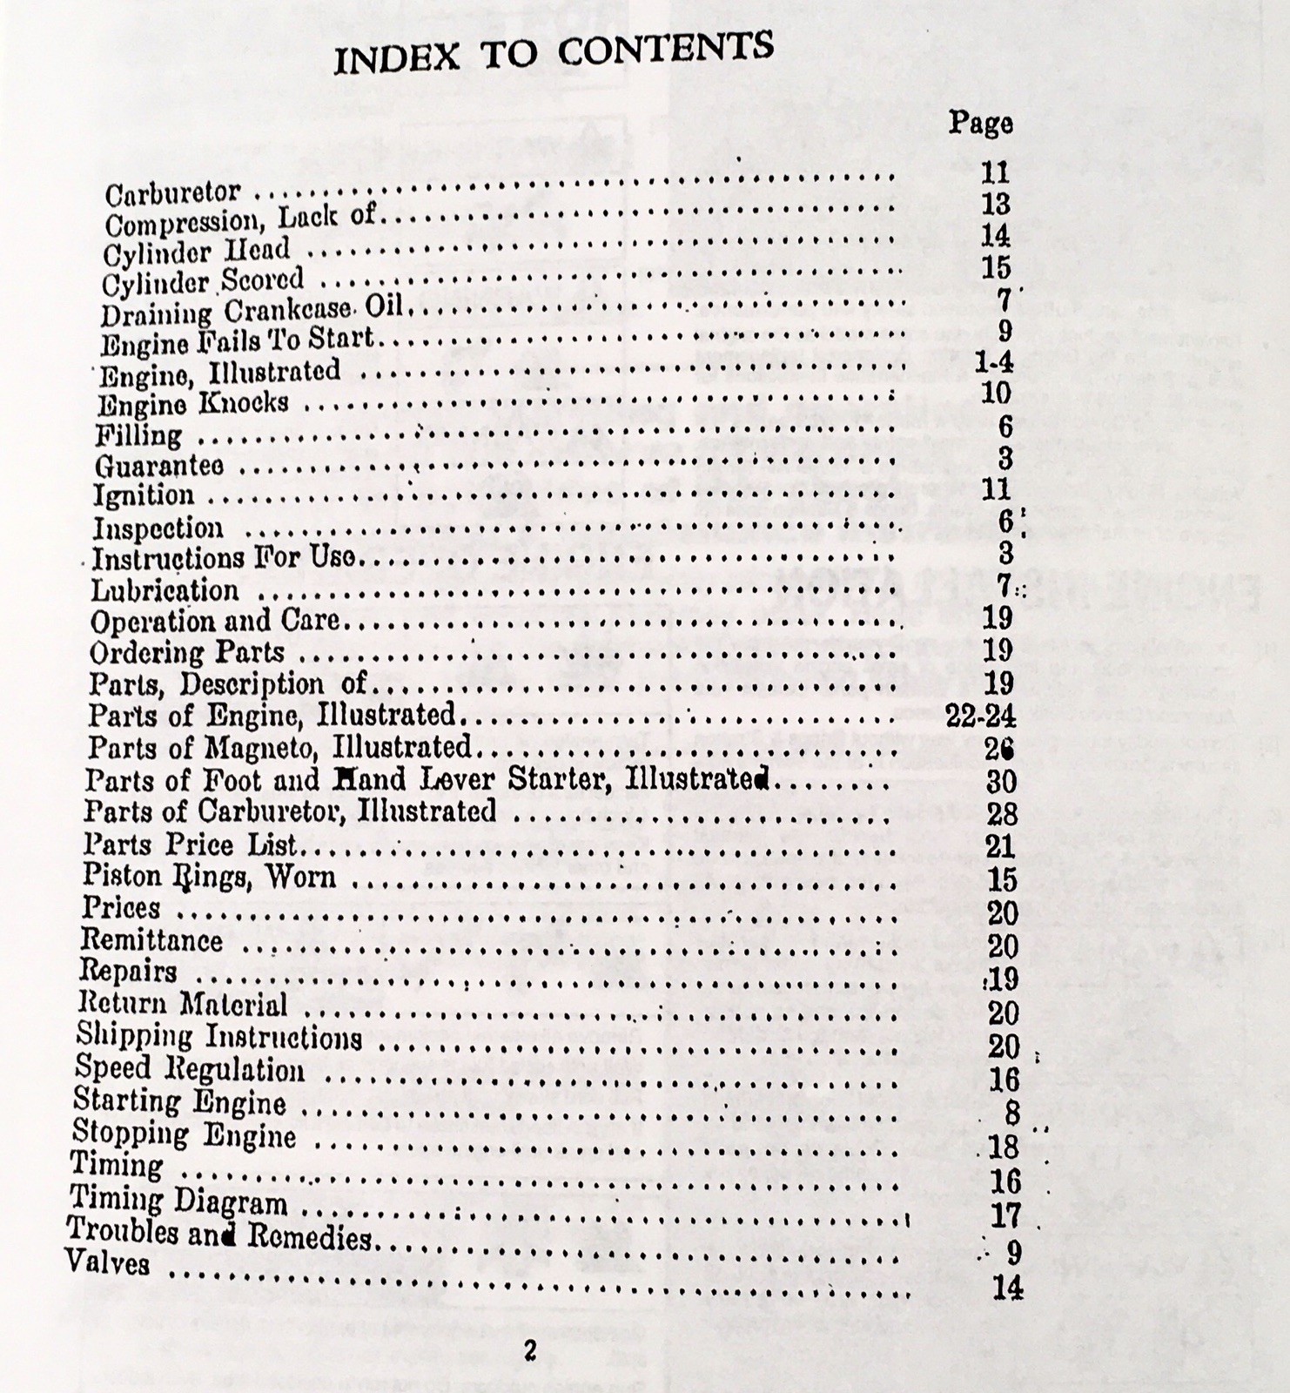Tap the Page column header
click(x=980, y=123)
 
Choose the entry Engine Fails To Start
click(x=237, y=340)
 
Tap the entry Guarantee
click(x=159, y=466)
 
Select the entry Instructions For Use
click(x=224, y=557)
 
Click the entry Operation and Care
click(x=215, y=621)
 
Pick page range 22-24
click(x=980, y=716)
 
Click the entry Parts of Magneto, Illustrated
click(x=279, y=747)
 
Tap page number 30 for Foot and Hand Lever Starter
click(x=1001, y=780)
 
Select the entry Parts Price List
click(x=190, y=845)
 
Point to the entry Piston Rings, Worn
click(x=209, y=876)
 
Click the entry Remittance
click(x=151, y=940)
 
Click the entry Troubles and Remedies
click(x=219, y=1235)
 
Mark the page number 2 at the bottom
click(x=528, y=1350)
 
